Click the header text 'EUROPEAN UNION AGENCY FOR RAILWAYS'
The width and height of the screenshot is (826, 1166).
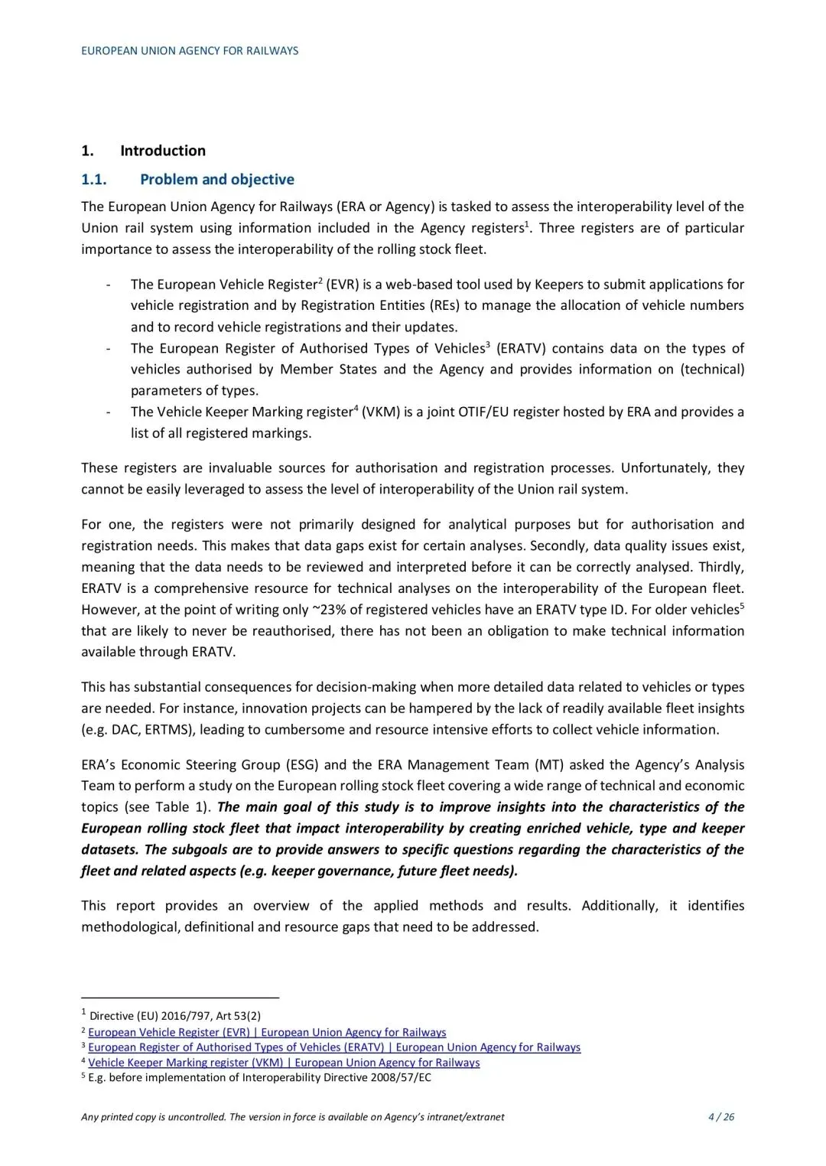click(190, 50)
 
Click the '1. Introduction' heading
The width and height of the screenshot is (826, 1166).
click(144, 151)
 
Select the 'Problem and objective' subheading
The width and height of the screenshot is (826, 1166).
click(216, 180)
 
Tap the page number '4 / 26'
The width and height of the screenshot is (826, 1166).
click(721, 1117)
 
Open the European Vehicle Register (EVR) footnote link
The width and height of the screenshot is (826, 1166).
click(267, 1032)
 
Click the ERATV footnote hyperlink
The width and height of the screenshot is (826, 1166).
click(334, 1047)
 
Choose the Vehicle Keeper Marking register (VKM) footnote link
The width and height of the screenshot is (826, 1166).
click(284, 1063)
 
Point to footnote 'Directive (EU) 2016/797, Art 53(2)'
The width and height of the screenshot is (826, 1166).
click(175, 1016)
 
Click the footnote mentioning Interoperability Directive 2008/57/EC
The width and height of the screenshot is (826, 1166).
click(260, 1078)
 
